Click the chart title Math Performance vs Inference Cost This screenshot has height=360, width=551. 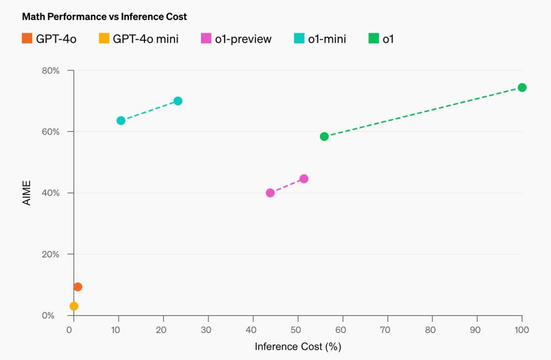click(x=104, y=17)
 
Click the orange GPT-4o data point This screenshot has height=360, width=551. click(x=78, y=287)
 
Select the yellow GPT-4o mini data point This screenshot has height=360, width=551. click(x=74, y=306)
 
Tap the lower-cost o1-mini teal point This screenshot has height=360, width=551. click(x=121, y=120)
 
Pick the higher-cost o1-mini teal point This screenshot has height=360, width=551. click(x=178, y=101)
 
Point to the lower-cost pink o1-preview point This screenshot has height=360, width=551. click(x=270, y=193)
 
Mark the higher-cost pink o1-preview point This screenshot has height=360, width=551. click(x=304, y=178)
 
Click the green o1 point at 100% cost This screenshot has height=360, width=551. click(x=522, y=87)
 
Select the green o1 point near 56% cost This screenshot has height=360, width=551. click(x=324, y=136)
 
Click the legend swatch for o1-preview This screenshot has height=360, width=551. click(x=206, y=38)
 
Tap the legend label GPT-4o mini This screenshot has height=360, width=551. click(x=146, y=39)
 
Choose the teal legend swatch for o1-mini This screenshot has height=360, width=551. click(x=299, y=38)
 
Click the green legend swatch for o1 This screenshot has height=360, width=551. click(x=373, y=38)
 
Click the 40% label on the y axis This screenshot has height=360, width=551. click(x=51, y=193)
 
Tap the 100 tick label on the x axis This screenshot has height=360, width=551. click(x=522, y=330)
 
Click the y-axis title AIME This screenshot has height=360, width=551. click(x=27, y=193)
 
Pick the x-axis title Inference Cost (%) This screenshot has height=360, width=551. click(x=298, y=347)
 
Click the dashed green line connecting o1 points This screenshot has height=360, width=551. click(x=423, y=112)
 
